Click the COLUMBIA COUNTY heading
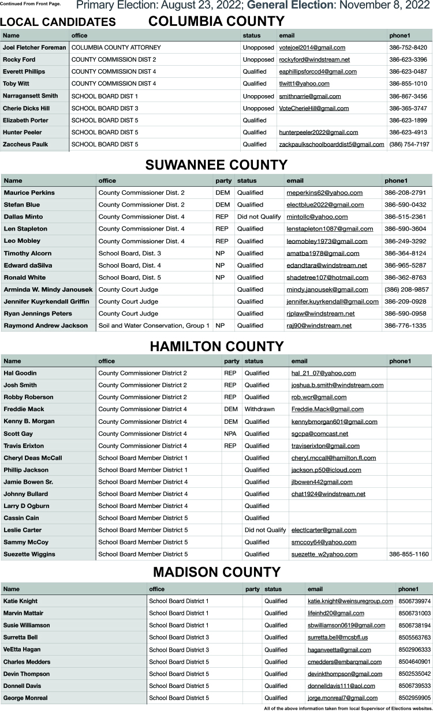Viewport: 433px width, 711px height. pyautogui.click(x=216, y=22)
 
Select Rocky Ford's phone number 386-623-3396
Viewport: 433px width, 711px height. pyautogui.click(x=408, y=59)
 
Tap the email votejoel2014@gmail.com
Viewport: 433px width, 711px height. pyautogui.click(x=312, y=47)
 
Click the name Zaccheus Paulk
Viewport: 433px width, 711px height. pyautogui.click(x=25, y=144)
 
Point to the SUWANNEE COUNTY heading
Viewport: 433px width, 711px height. pyautogui.click(x=216, y=165)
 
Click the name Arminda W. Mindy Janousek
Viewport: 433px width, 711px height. pyautogui.click(x=48, y=289)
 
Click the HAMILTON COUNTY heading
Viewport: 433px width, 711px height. pyautogui.click(x=216, y=346)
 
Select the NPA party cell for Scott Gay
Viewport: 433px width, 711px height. pyautogui.click(x=230, y=434)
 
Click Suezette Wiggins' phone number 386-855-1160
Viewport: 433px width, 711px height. pyautogui.click(x=409, y=555)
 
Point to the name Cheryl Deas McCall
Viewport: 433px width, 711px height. pyautogui.click(x=33, y=458)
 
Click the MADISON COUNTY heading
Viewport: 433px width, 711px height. pyautogui.click(x=216, y=572)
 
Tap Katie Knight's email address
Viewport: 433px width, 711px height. pyautogui.click(x=350, y=601)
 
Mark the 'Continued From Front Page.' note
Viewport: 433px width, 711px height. pyautogui.click(x=30, y=4)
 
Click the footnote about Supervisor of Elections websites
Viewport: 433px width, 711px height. pyautogui.click(x=348, y=708)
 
